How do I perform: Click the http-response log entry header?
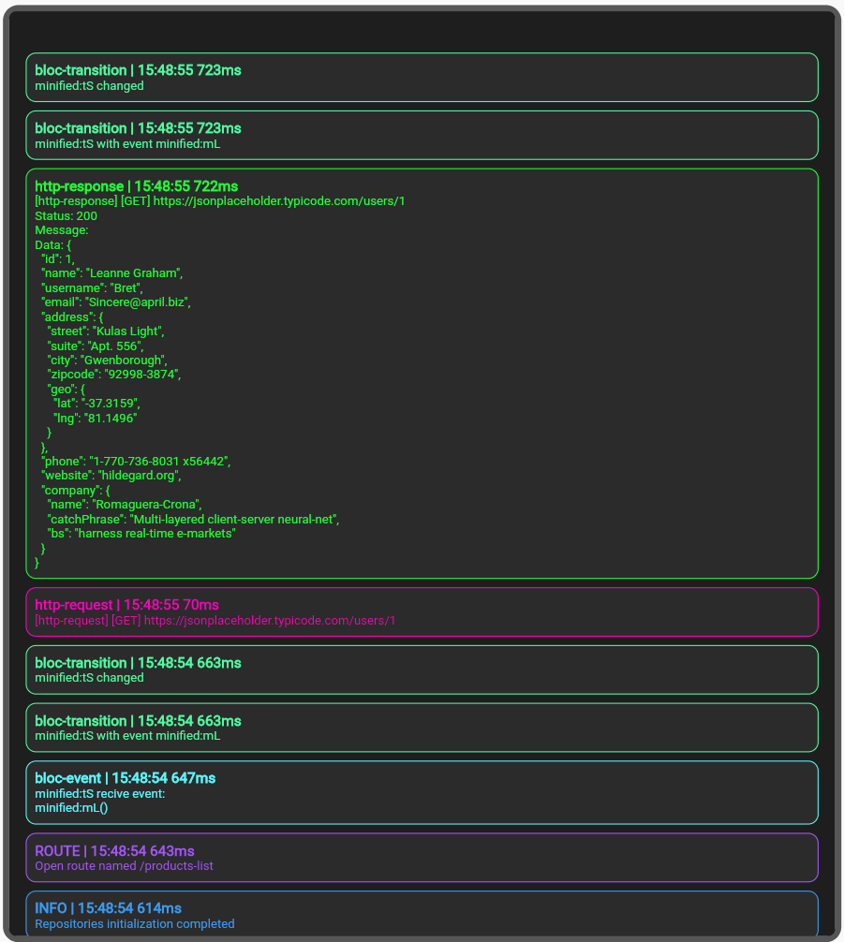(x=136, y=186)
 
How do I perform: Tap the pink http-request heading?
(x=126, y=605)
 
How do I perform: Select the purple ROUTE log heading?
(x=114, y=851)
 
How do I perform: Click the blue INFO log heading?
(x=108, y=908)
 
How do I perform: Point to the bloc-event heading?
(x=125, y=778)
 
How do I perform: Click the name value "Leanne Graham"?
(x=134, y=273)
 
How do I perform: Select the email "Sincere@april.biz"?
(x=138, y=302)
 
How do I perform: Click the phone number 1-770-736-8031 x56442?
(x=159, y=461)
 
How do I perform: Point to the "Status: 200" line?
(x=66, y=216)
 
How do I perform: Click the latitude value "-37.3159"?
(x=111, y=404)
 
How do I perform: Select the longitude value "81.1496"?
(x=109, y=419)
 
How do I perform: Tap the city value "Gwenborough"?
(x=124, y=361)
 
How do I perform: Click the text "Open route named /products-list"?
(x=124, y=866)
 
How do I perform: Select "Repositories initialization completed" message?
(x=134, y=924)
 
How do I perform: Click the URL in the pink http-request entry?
(x=270, y=621)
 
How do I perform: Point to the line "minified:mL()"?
(x=71, y=808)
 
